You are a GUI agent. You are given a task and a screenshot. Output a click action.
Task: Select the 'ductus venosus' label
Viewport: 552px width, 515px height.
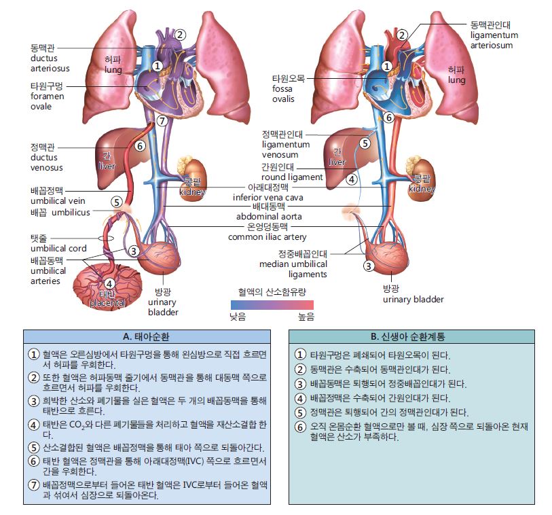tap(47, 158)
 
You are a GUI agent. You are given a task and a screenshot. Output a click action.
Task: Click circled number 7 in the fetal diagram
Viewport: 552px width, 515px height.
tap(161, 122)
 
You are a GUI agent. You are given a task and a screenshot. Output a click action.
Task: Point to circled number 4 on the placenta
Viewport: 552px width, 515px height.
tap(109, 283)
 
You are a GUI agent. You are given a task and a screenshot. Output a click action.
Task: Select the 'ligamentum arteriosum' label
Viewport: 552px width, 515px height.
tap(494, 35)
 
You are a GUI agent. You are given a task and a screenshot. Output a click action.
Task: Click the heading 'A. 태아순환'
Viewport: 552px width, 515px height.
tap(146, 336)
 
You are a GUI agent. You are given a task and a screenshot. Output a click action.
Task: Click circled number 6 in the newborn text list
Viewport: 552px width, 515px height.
tap(300, 427)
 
